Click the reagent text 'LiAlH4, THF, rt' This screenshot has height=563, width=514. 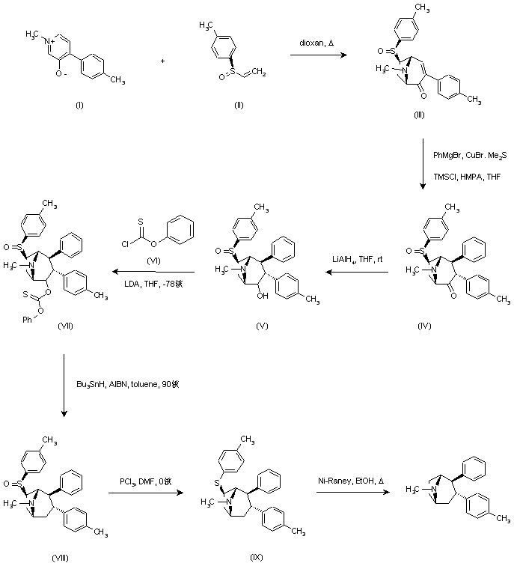[356, 259]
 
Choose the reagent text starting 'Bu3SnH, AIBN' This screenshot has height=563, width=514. [127, 385]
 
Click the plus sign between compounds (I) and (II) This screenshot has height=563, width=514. [162, 60]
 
